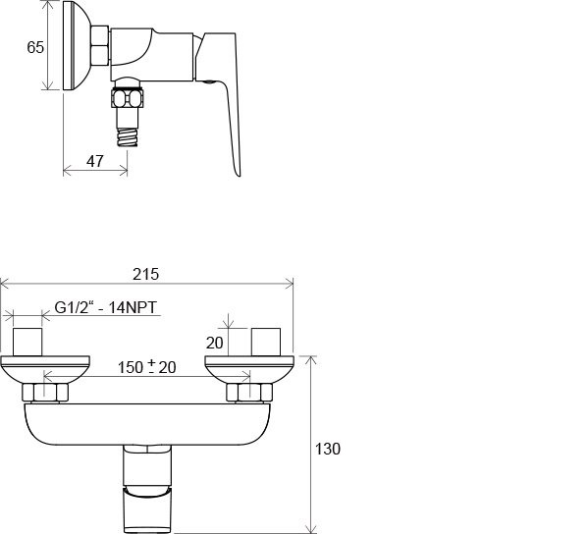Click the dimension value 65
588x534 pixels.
pyautogui.click(x=35, y=47)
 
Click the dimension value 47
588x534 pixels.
pyautogui.click(x=94, y=161)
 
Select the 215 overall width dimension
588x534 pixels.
pyautogui.click(x=146, y=275)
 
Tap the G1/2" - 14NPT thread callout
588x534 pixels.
pyautogui.click(x=106, y=307)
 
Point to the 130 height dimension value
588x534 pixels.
pyautogui.click(x=328, y=449)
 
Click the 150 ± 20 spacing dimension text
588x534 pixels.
pyautogui.click(x=147, y=367)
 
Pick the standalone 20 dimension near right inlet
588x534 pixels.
pyautogui.click(x=215, y=343)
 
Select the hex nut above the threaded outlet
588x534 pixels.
pyautogui.click(x=128, y=98)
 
